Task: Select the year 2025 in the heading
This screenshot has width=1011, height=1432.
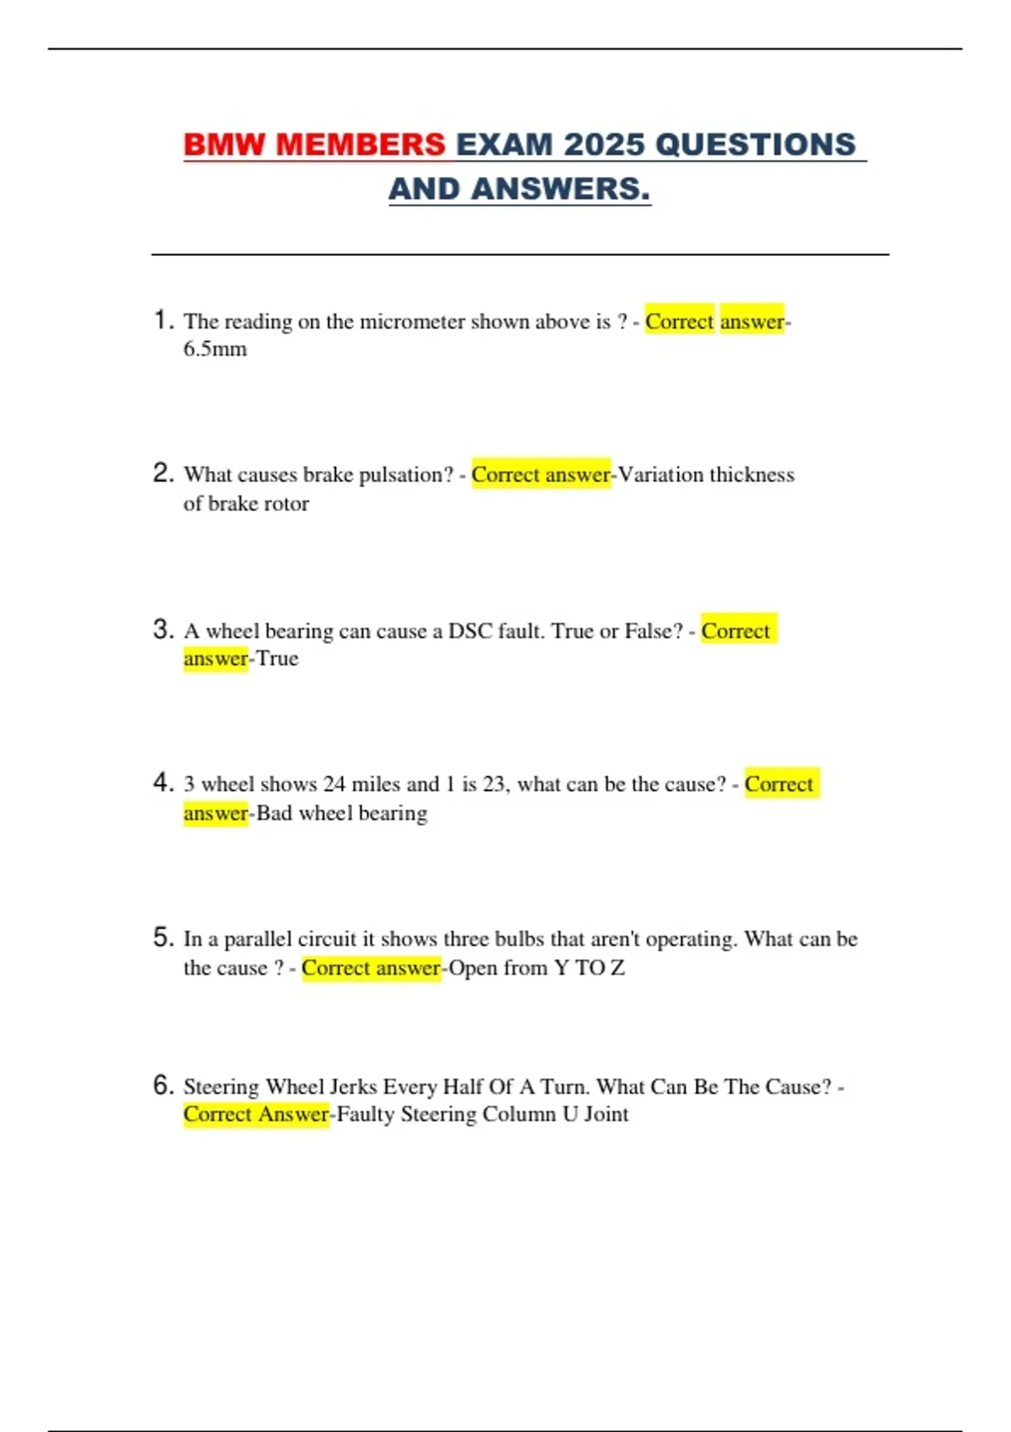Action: tap(604, 145)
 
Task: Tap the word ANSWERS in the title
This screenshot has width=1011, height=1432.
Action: tap(560, 190)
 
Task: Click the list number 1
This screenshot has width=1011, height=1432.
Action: tap(163, 320)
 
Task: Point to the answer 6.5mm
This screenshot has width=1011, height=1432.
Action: tap(215, 349)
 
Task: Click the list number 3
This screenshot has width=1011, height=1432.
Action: tap(163, 629)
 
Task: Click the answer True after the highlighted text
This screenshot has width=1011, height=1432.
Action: tap(277, 659)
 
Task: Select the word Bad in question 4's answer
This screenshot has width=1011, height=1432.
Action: tap(274, 814)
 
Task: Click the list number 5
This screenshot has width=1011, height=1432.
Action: tap(163, 938)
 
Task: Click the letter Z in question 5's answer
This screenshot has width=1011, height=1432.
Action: tap(618, 968)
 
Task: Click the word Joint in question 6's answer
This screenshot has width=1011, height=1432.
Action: tap(606, 1114)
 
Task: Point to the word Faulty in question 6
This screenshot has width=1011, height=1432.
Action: tap(365, 1114)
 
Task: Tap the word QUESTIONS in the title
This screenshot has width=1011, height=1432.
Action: tap(755, 145)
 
